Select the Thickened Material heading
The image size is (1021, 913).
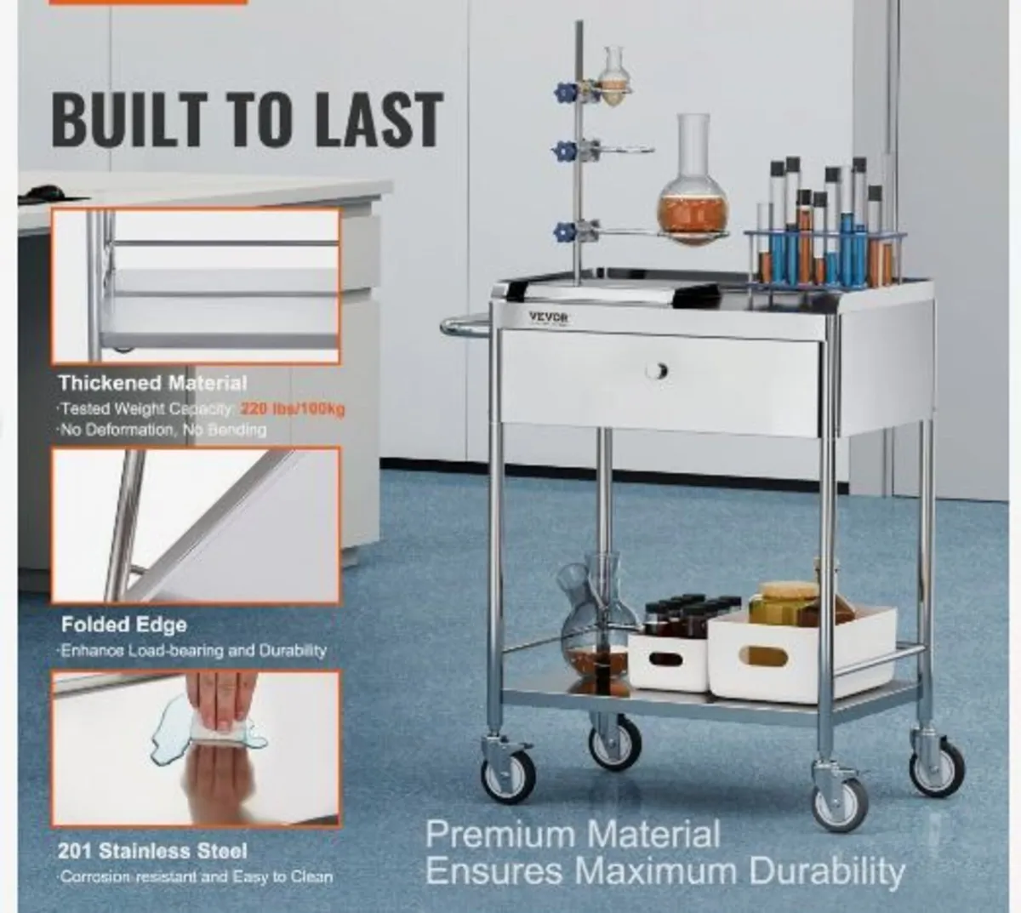tap(153, 383)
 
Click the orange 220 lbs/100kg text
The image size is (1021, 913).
tap(293, 409)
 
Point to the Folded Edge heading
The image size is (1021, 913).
tap(123, 625)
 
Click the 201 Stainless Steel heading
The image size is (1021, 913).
tap(153, 851)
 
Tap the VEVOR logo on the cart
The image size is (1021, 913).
tap(548, 317)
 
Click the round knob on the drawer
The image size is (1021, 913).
tap(656, 370)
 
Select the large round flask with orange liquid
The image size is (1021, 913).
tap(693, 204)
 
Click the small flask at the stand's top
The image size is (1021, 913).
tap(613, 68)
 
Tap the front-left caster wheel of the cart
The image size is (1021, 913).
tap(509, 776)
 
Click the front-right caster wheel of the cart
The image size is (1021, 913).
tap(841, 802)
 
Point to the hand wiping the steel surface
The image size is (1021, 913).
tap(221, 702)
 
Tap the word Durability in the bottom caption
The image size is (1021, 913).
tap(826, 871)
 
